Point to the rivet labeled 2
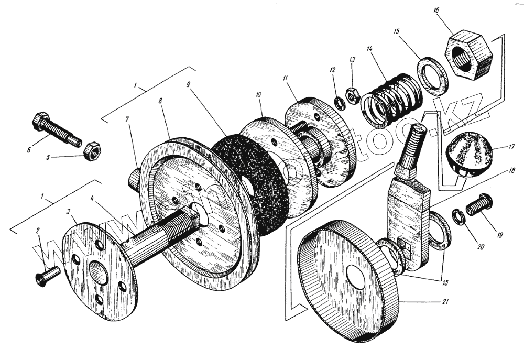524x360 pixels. (46, 275)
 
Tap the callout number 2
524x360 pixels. (38, 230)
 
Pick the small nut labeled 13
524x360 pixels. (352, 96)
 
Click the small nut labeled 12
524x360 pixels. (339, 102)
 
